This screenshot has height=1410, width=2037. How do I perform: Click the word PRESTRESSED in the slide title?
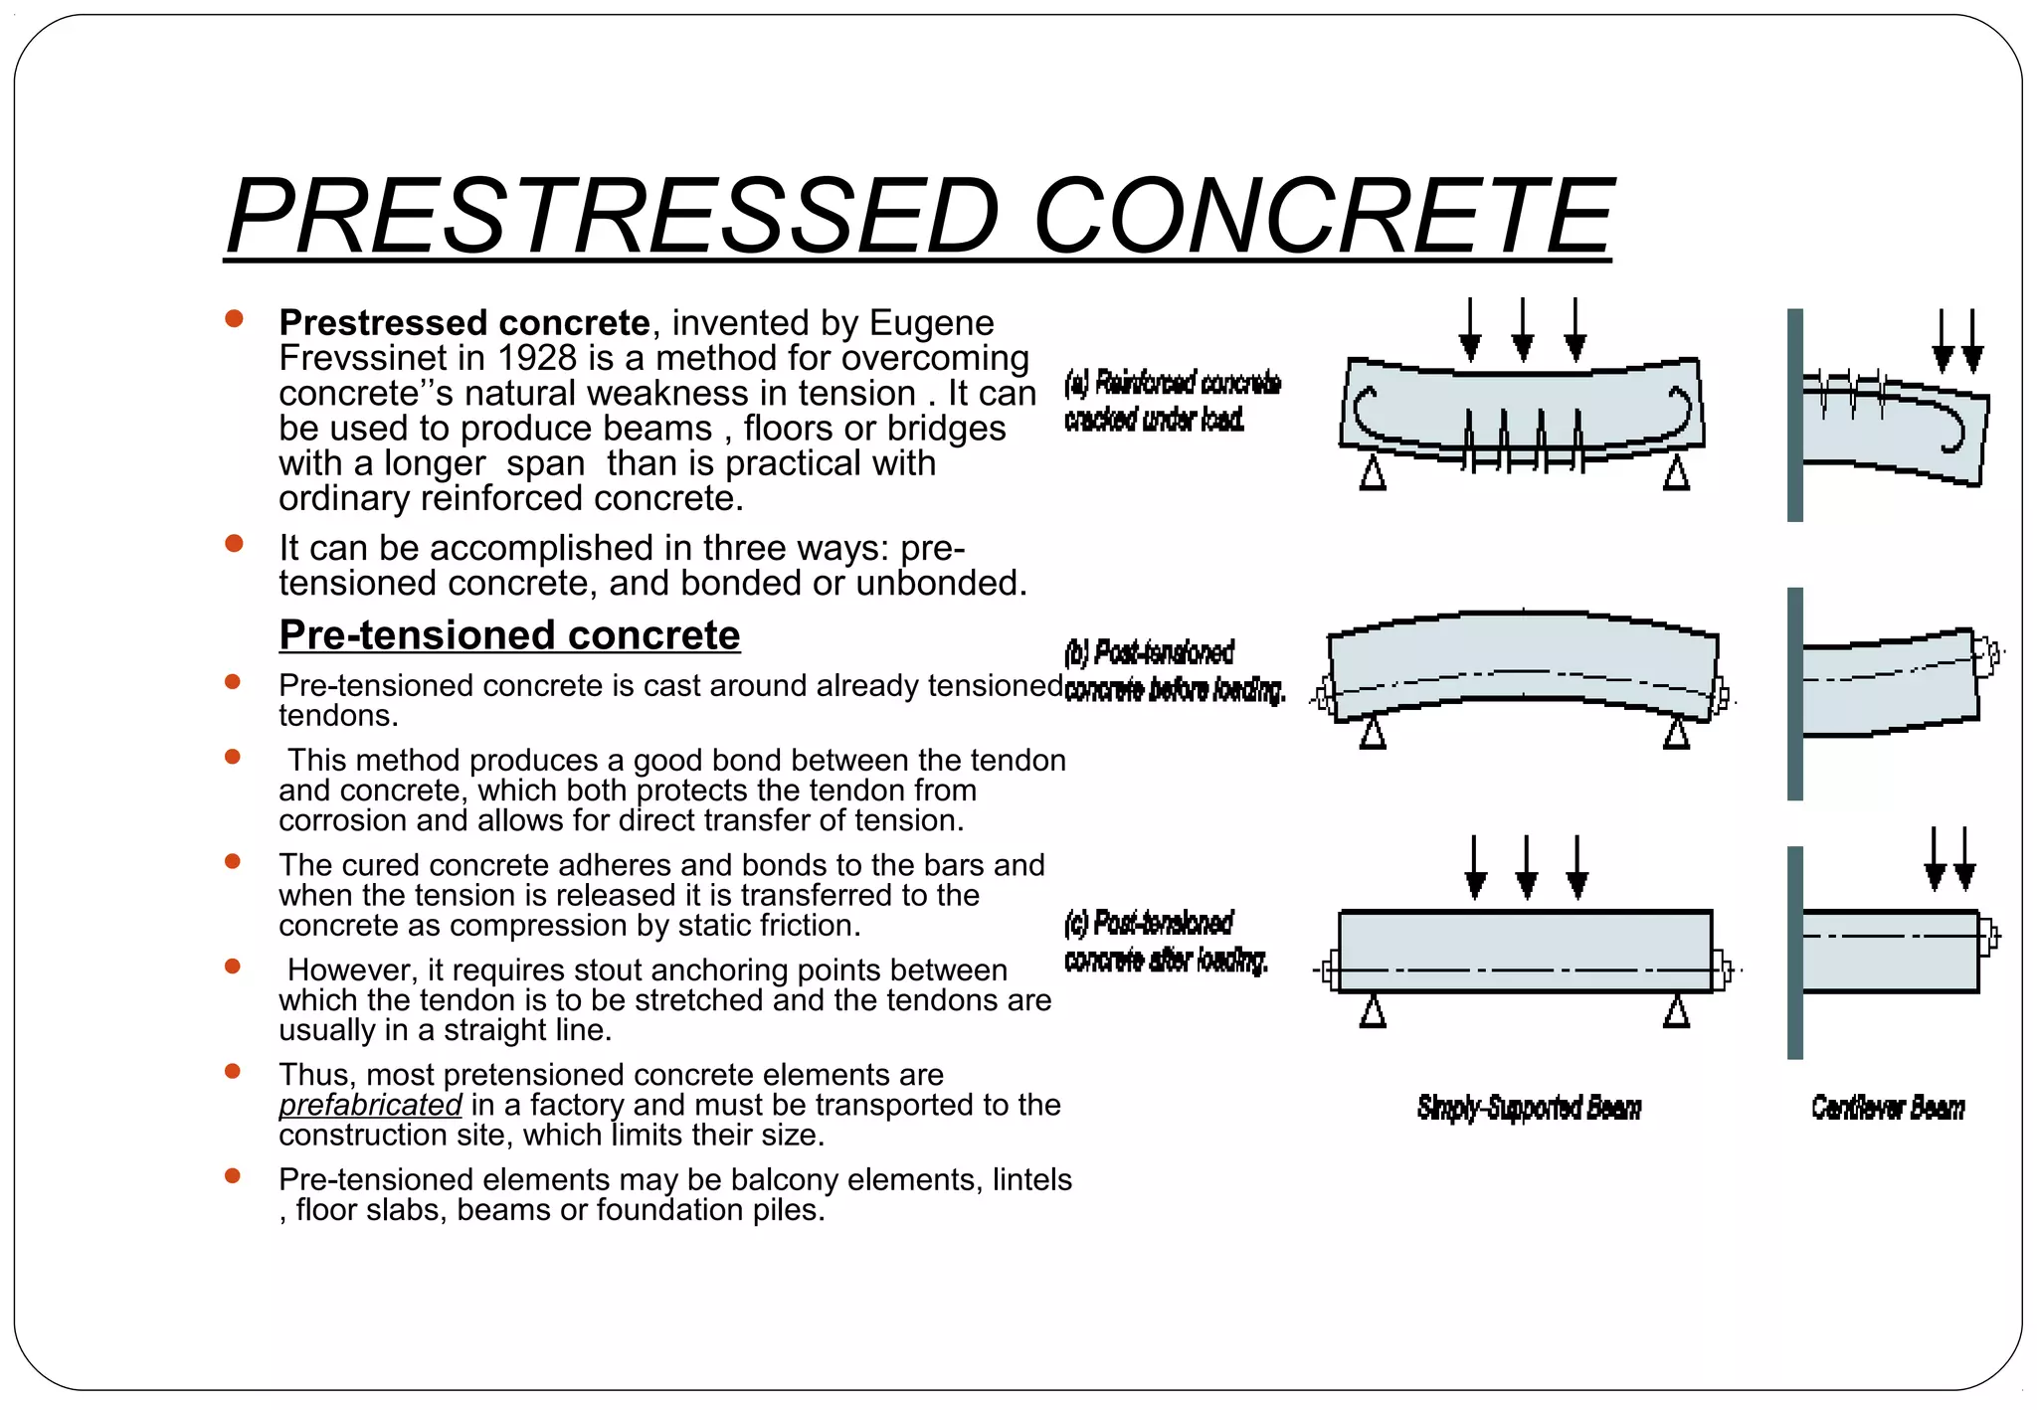[612, 217]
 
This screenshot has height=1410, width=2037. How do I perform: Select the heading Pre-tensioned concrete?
[509, 635]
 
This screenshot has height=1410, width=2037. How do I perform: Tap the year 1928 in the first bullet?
[537, 358]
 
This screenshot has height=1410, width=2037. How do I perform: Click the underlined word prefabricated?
[370, 1105]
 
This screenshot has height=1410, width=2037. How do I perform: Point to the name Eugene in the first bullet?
[931, 323]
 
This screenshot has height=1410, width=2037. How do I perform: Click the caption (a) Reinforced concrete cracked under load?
[1172, 401]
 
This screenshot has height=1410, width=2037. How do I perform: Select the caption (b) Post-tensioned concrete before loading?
[1174, 670]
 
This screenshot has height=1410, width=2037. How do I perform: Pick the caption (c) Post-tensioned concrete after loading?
[1166, 941]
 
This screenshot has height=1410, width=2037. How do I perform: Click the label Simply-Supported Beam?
[1529, 1108]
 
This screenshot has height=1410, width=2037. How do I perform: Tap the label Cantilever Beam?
[1887, 1108]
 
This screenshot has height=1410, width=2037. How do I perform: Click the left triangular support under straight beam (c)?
[1373, 1012]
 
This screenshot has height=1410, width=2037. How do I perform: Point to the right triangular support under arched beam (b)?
[1676, 733]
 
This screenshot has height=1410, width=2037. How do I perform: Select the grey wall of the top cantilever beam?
[1794, 415]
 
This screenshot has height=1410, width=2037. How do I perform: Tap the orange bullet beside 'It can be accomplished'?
[234, 544]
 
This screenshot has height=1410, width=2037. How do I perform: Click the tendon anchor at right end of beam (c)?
[1722, 969]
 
